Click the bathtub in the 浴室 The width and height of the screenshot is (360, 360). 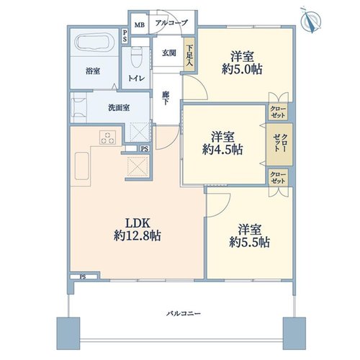95,42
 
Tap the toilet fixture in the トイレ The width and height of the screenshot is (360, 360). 137,57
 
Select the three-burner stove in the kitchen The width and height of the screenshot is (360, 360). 107,138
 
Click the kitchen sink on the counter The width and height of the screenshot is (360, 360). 81,166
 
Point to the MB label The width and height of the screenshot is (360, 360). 140,24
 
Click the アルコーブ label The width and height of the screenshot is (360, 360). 171,23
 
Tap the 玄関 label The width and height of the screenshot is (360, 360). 169,53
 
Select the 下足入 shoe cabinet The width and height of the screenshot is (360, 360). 189,54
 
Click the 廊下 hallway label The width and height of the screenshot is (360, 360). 166,98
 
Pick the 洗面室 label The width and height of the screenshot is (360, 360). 119,108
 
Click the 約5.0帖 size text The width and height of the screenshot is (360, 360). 242,70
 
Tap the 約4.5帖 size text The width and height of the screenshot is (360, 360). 222,150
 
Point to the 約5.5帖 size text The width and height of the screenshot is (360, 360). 249,243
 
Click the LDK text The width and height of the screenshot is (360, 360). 138,223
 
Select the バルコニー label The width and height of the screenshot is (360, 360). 184,313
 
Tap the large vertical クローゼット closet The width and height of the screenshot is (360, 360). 279,144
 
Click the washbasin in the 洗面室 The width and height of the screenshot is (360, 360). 78,107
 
